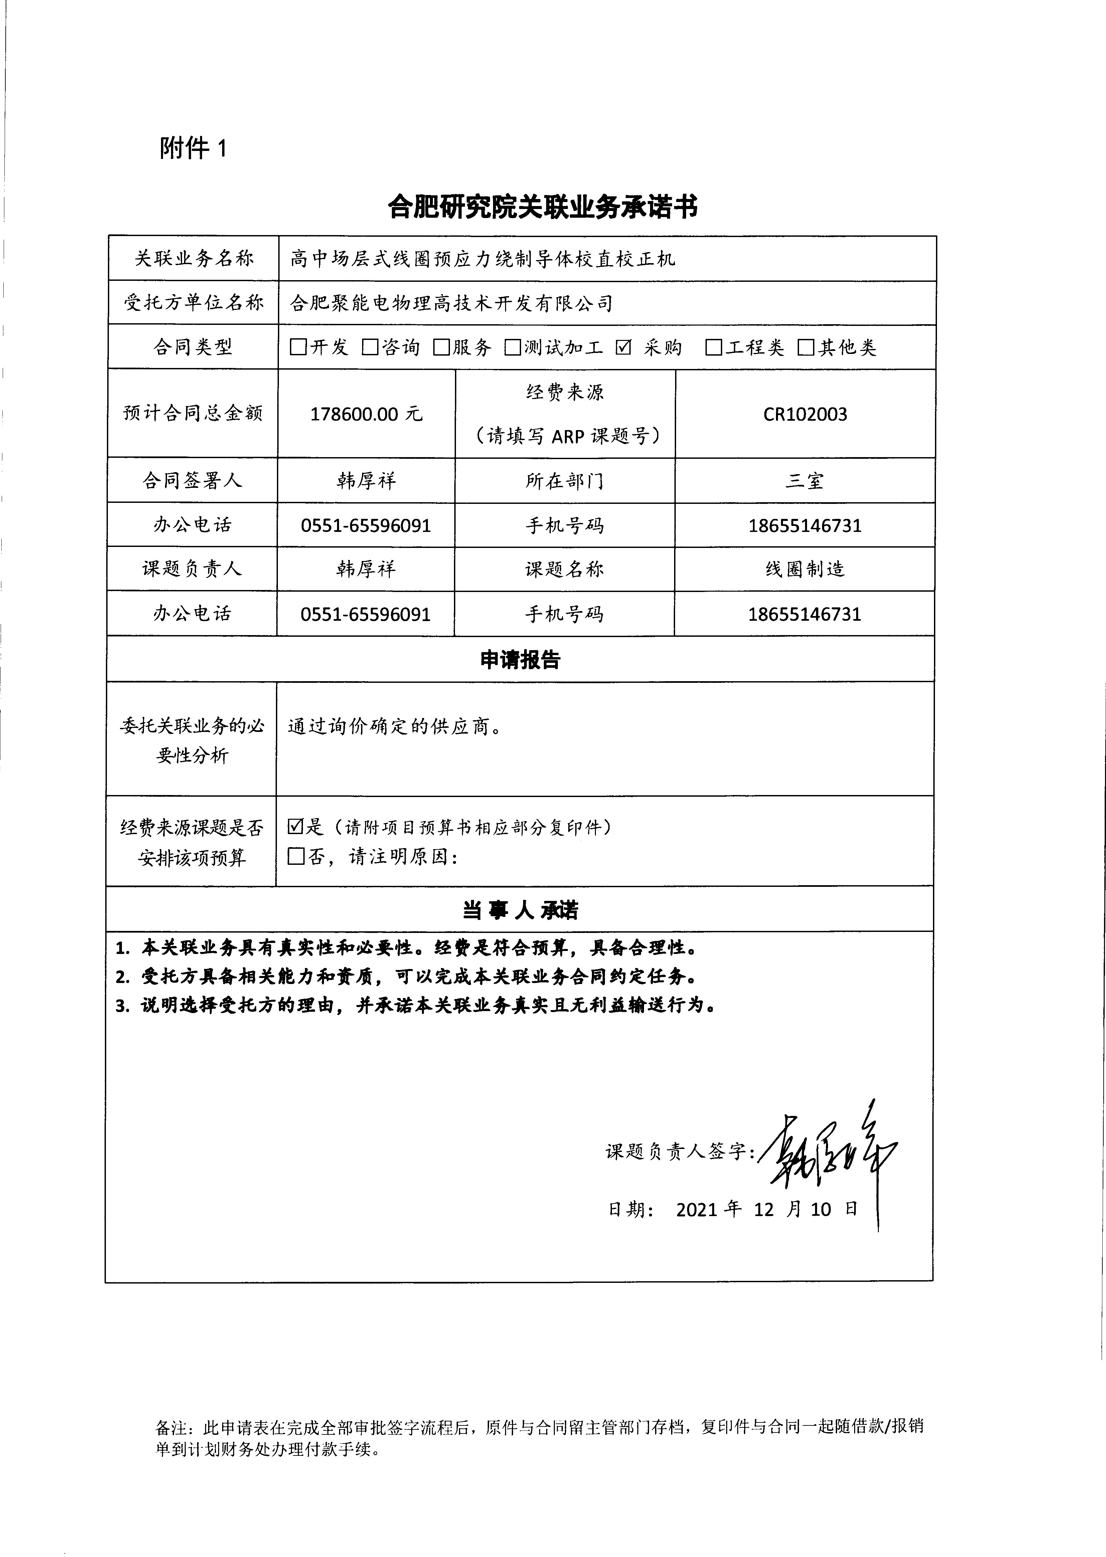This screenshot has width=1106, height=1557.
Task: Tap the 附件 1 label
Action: (x=193, y=148)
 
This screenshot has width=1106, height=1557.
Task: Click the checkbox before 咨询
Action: (x=370, y=347)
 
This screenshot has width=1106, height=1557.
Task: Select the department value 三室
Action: (x=805, y=480)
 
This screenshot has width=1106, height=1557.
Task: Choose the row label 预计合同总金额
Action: (x=193, y=413)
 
